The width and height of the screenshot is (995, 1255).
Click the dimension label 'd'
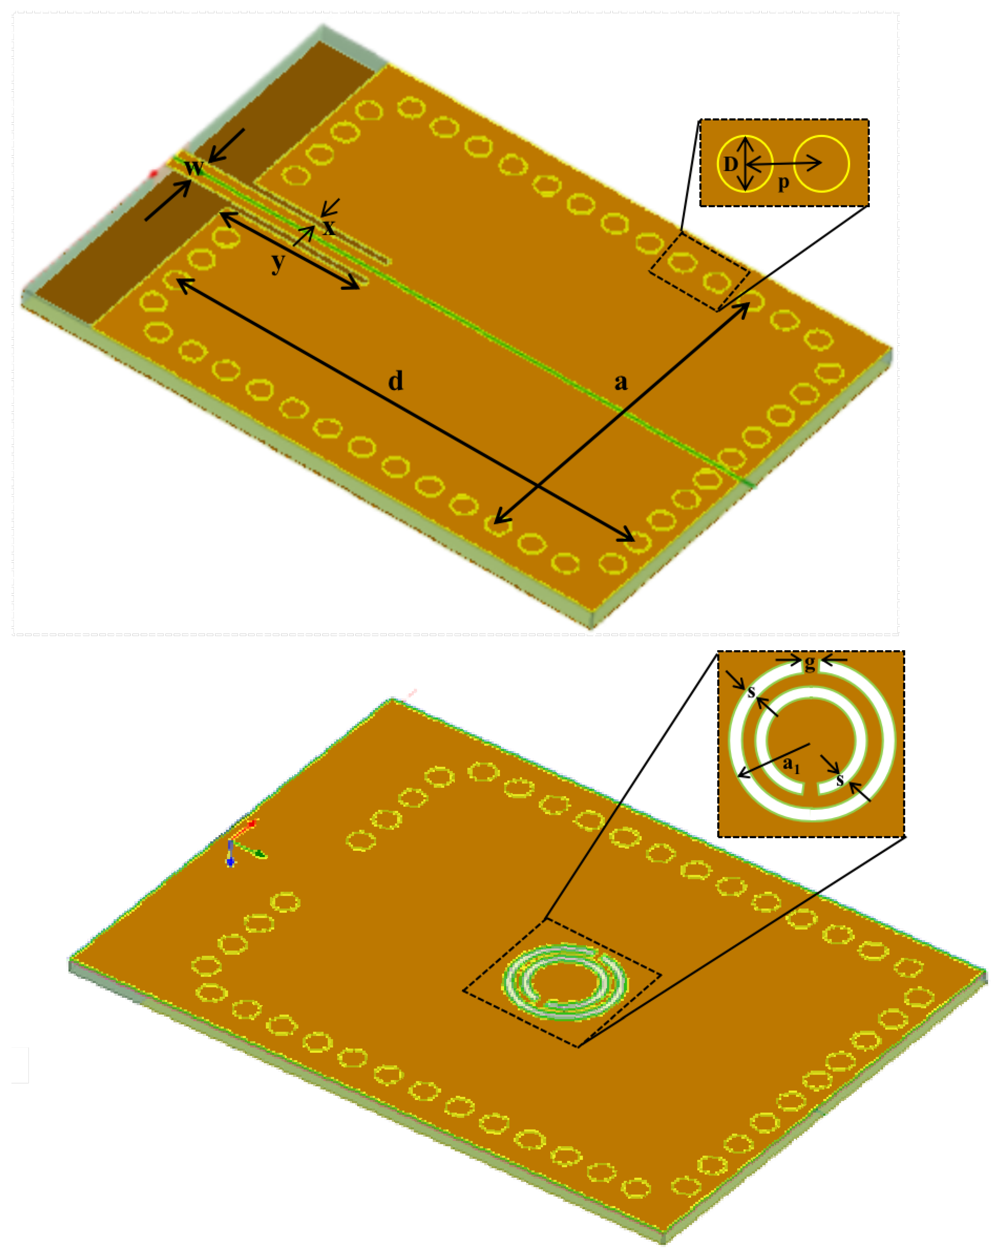395,381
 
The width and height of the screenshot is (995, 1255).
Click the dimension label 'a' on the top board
621,382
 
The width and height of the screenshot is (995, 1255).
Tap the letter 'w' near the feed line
194,167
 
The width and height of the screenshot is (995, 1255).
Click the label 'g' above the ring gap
809,663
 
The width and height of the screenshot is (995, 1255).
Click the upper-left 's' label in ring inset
751,692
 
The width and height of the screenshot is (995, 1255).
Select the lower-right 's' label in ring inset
840,780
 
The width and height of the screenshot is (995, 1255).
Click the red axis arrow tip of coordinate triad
252,824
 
